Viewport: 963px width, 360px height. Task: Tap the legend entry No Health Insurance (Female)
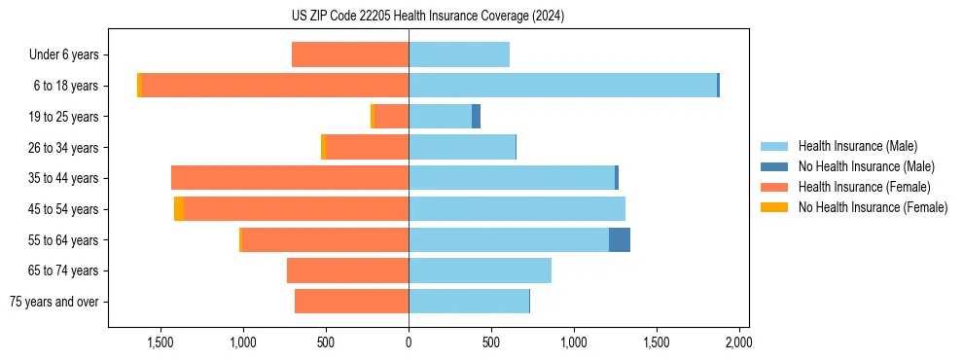point(873,207)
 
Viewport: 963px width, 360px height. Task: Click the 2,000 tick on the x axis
point(738,342)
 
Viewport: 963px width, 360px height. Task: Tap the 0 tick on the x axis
point(409,342)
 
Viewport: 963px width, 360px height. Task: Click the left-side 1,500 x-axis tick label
point(160,342)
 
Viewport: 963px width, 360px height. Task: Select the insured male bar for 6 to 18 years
point(562,86)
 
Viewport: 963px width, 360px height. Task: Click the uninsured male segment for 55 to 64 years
point(620,239)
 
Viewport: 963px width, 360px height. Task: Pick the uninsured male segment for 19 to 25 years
point(476,117)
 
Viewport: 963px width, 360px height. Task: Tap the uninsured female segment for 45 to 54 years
point(179,209)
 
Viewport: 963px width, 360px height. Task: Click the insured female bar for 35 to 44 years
point(290,178)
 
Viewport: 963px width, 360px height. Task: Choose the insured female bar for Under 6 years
point(350,55)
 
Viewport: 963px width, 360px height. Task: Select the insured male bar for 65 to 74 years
point(480,270)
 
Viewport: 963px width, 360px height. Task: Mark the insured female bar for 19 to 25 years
point(391,117)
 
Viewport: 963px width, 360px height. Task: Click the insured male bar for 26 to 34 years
point(462,147)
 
